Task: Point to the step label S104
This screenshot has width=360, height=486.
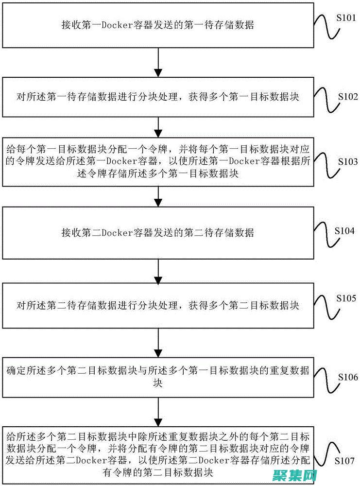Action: [x=344, y=231]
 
